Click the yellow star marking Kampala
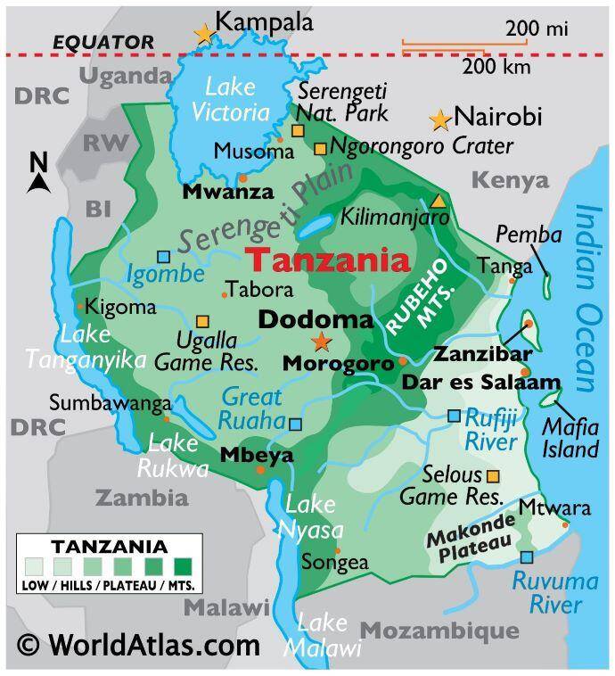205,34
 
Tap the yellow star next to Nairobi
439,120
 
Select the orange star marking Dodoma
321,342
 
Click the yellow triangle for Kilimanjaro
438,202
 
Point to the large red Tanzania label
328,261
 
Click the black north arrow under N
38,183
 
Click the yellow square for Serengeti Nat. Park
298,130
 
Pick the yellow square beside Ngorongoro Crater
319,148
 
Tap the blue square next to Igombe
163,257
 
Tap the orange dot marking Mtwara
565,524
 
